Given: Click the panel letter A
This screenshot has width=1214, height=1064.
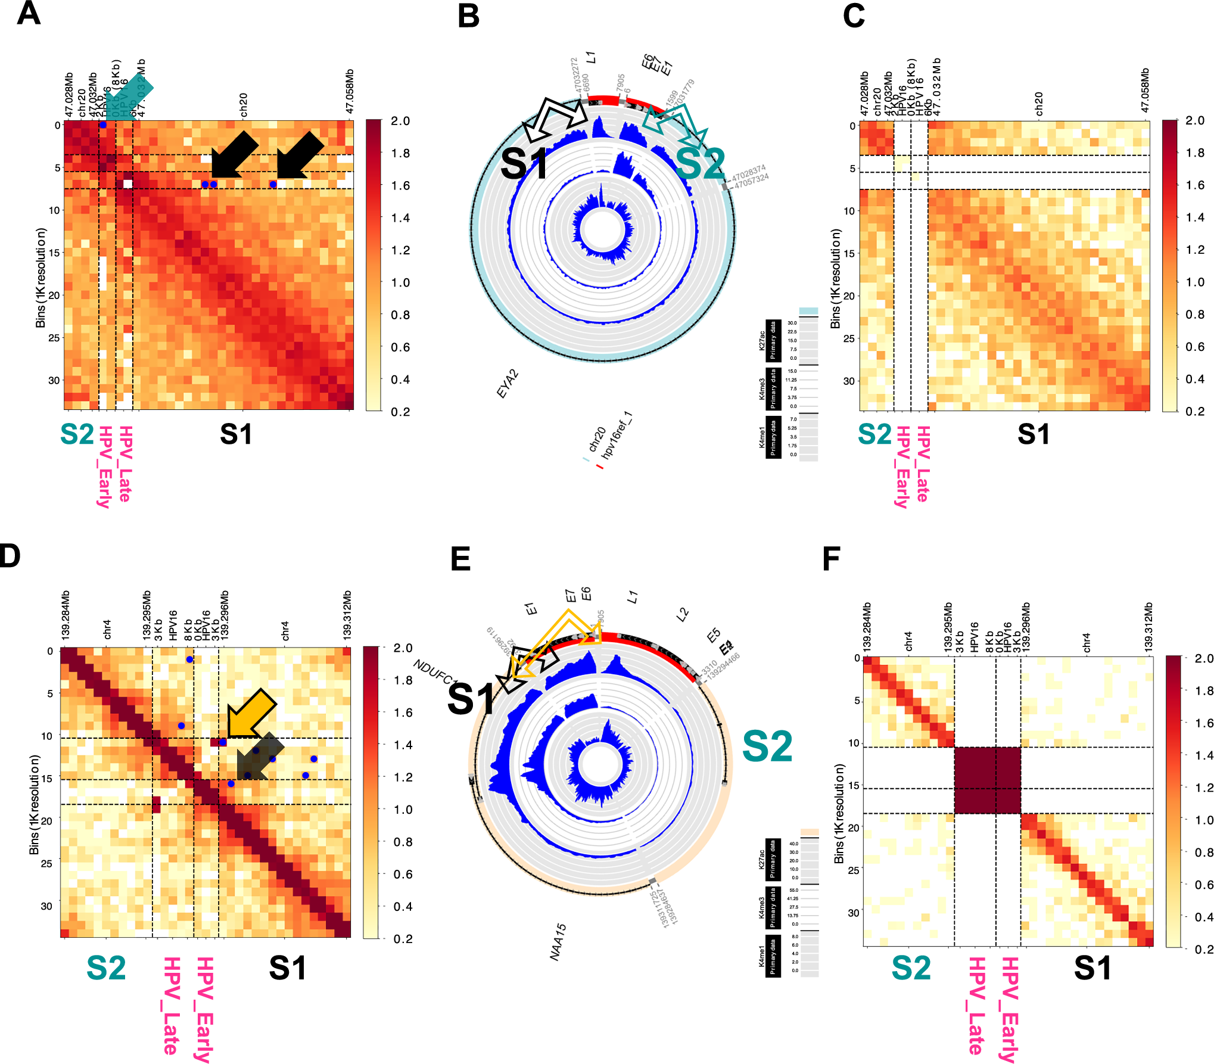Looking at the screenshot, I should tap(28, 13).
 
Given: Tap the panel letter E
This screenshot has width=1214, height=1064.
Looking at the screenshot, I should tap(460, 559).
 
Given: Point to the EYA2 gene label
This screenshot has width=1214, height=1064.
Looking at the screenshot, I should tap(508, 384).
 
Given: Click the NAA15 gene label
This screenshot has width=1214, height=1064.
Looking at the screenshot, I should tap(558, 942).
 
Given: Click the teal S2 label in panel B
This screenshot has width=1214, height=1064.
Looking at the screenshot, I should tap(701, 164).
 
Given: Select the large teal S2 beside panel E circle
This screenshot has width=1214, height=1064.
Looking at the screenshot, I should tap(767, 746).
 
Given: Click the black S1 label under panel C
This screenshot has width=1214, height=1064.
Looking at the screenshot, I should tap(1034, 434).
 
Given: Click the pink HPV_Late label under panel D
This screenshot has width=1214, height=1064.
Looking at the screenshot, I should tap(171, 1005).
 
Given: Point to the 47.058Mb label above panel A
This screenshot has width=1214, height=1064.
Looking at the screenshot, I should tap(350, 91).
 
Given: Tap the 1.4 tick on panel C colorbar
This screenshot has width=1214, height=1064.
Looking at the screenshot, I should tap(1195, 217).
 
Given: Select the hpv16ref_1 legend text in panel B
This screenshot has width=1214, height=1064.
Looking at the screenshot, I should tap(617, 435).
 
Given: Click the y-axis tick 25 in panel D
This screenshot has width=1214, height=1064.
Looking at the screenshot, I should tap(46, 863).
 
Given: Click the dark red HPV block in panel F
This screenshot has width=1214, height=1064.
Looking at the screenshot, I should tap(987, 780).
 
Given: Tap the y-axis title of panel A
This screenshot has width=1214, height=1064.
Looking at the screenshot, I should tap(41, 278).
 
